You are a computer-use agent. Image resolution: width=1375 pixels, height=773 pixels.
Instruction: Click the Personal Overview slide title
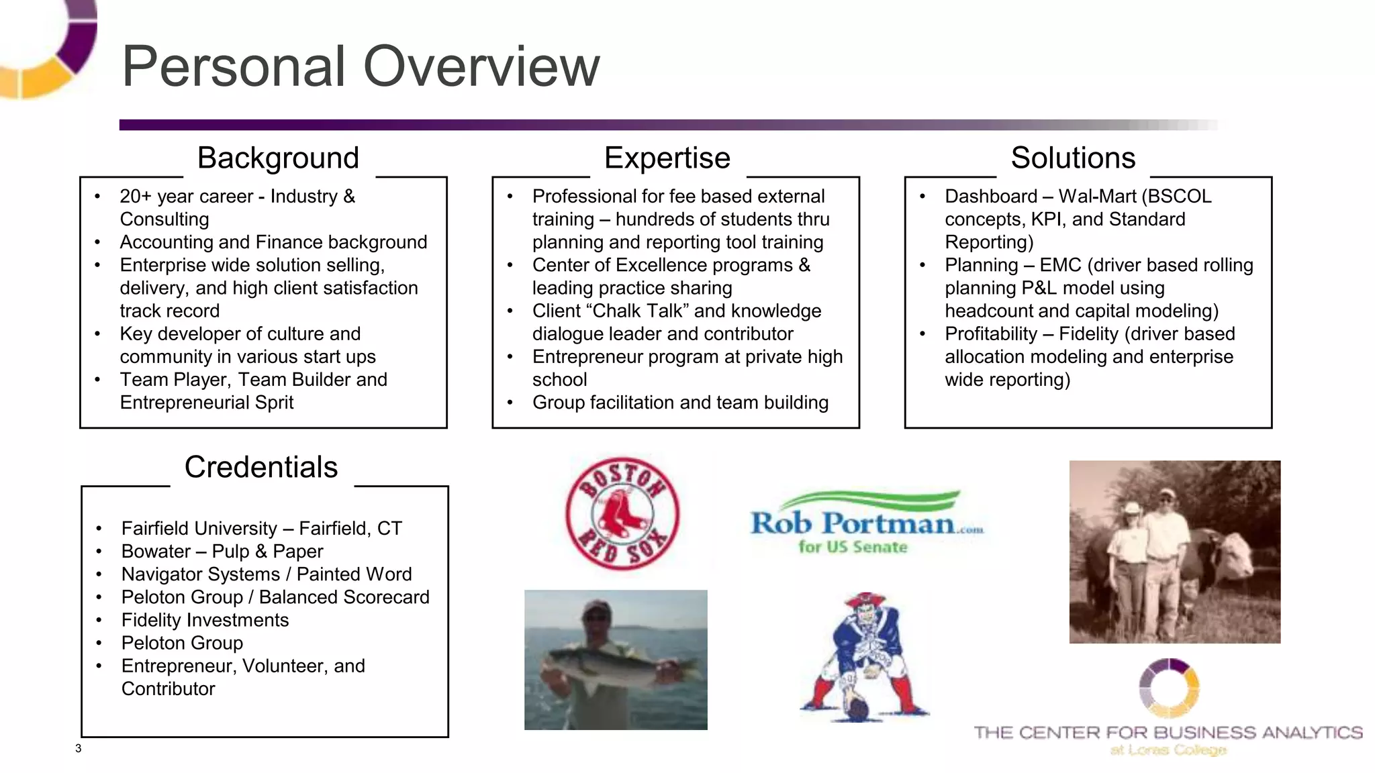(361, 66)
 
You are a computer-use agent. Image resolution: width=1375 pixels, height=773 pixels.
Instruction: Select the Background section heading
(278, 158)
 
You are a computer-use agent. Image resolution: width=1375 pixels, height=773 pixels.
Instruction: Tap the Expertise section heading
(667, 158)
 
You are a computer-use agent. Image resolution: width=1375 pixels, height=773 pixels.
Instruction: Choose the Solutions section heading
(1073, 158)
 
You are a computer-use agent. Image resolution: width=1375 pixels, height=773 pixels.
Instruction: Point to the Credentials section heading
(261, 467)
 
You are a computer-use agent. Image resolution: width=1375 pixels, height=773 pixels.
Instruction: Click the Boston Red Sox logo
(621, 514)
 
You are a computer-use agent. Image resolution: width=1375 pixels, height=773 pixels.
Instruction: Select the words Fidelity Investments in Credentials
(205, 620)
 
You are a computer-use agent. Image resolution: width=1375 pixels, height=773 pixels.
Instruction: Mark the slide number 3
(79, 748)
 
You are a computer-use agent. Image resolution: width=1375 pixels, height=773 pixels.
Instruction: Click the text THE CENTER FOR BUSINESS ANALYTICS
(1168, 732)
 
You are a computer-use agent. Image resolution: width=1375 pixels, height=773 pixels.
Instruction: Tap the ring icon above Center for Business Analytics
(1169, 687)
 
